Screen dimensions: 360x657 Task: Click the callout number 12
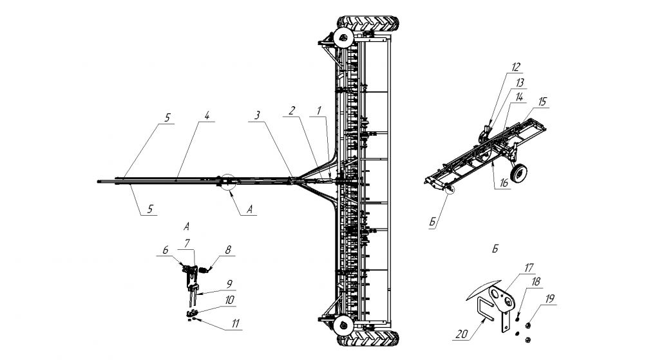(516, 66)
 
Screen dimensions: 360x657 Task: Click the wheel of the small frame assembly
(519, 173)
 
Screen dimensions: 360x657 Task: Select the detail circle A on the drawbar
(227, 184)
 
